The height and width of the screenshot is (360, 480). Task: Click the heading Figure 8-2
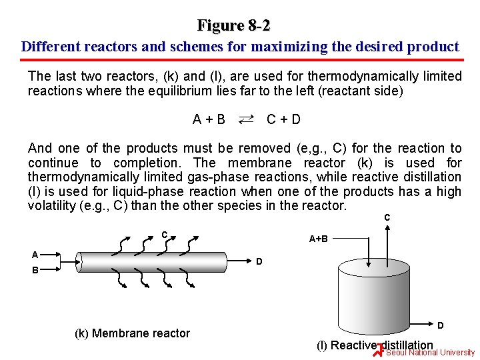coord(234,26)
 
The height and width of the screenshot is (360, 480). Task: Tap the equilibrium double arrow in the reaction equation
coord(245,119)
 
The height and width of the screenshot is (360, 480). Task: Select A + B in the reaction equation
coord(209,120)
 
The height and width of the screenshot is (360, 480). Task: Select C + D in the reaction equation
coord(283,120)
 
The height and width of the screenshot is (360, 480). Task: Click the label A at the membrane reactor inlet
coord(35,254)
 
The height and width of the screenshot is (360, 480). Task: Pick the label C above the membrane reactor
coord(164,234)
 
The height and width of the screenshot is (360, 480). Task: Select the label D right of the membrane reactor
coord(260,261)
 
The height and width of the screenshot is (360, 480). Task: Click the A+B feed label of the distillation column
coord(318,238)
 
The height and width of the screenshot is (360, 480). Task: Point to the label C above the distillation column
coord(387,217)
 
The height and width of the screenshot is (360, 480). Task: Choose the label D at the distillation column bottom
coord(441,325)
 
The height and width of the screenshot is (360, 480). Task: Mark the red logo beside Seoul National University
coord(379,350)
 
